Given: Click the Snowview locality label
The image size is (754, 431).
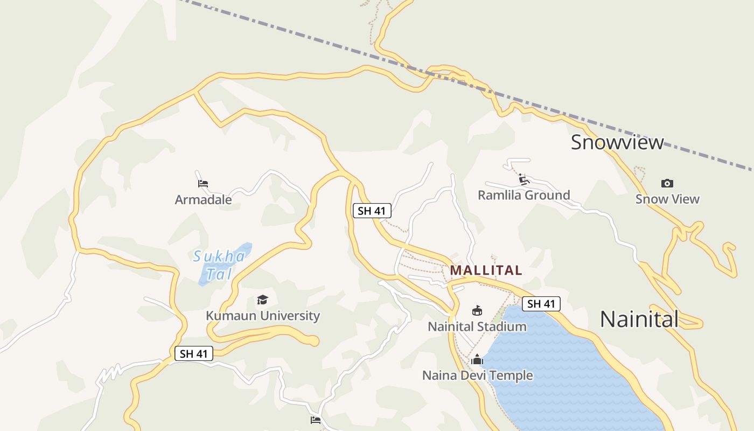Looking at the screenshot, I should point(617,142).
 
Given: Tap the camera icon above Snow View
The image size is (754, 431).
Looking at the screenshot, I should point(667,184).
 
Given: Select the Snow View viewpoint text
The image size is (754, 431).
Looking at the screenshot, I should point(667,199).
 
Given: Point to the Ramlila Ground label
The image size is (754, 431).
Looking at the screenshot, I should point(523,195).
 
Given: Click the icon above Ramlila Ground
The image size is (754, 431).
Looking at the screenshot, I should point(522,179).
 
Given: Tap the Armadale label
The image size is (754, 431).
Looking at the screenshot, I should point(203,200).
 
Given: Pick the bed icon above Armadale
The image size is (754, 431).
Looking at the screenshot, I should point(203,184).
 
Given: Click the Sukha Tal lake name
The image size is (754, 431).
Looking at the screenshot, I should point(220,265).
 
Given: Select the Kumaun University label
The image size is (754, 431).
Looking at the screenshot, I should point(263,316).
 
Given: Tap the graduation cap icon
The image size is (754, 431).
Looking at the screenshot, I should point(262,300).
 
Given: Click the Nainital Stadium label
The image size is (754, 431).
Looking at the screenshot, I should point(477,326).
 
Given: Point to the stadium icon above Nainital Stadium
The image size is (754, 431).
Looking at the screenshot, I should point(477,311).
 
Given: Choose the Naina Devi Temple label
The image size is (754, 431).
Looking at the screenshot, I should point(477,376).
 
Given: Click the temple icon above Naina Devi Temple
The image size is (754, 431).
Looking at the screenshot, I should point(477,359).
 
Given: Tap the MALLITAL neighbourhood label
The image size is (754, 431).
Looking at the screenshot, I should point(486,270).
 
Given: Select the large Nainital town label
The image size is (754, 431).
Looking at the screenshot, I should point(639,319).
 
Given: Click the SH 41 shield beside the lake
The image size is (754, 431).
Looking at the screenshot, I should point(541,304).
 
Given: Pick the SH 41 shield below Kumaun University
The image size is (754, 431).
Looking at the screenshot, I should point(194,354).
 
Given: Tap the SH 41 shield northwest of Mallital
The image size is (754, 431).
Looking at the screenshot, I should point(372,211).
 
